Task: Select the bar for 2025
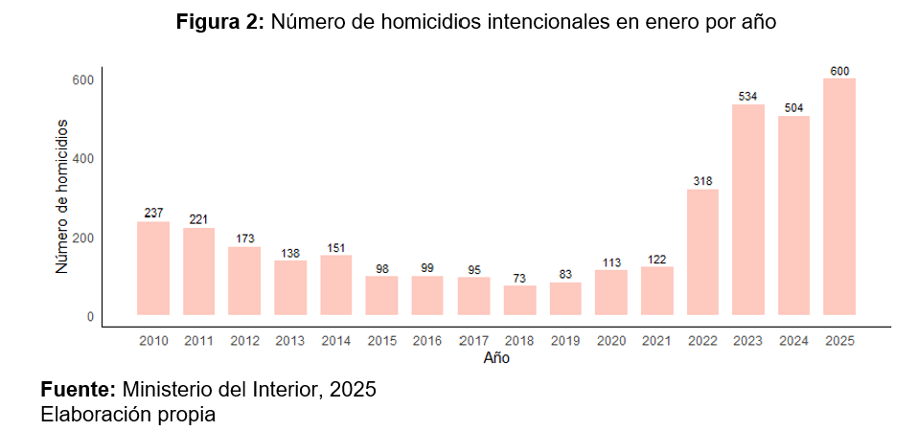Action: coord(839,196)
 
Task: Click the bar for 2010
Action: coord(153,268)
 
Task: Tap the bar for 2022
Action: coord(702,252)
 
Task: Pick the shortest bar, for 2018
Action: coord(519,300)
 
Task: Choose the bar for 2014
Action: coord(336,284)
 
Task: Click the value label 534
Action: coord(748,96)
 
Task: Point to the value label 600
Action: coord(839,70)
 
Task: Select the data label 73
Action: coord(519,278)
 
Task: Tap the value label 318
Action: coord(702,181)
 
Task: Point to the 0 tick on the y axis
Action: coord(90,316)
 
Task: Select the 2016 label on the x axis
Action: coord(428,341)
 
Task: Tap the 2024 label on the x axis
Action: coord(793,341)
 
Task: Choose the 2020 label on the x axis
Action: coord(611,341)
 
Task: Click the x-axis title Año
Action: coord(496,359)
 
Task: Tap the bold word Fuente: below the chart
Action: coord(78,390)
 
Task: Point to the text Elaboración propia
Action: coord(127,415)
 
